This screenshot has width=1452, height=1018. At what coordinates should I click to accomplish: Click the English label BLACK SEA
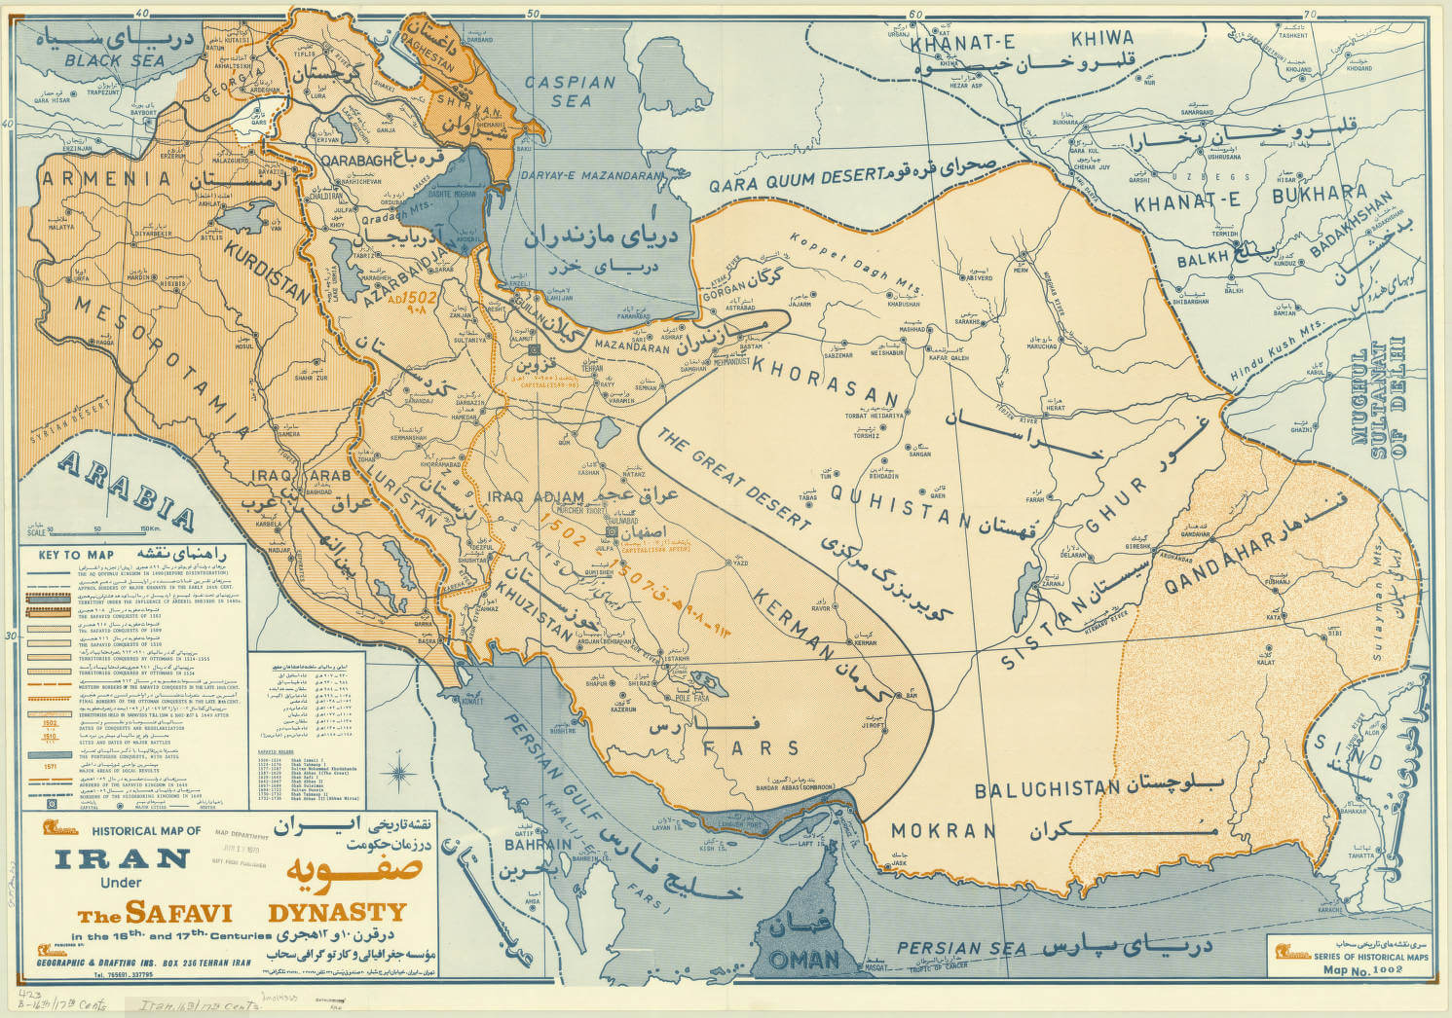click(x=109, y=60)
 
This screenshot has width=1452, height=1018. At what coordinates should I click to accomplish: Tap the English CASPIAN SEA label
click(x=571, y=91)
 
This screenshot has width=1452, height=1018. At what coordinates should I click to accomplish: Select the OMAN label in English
click(x=804, y=959)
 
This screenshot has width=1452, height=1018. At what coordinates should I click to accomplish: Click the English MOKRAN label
click(x=942, y=831)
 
